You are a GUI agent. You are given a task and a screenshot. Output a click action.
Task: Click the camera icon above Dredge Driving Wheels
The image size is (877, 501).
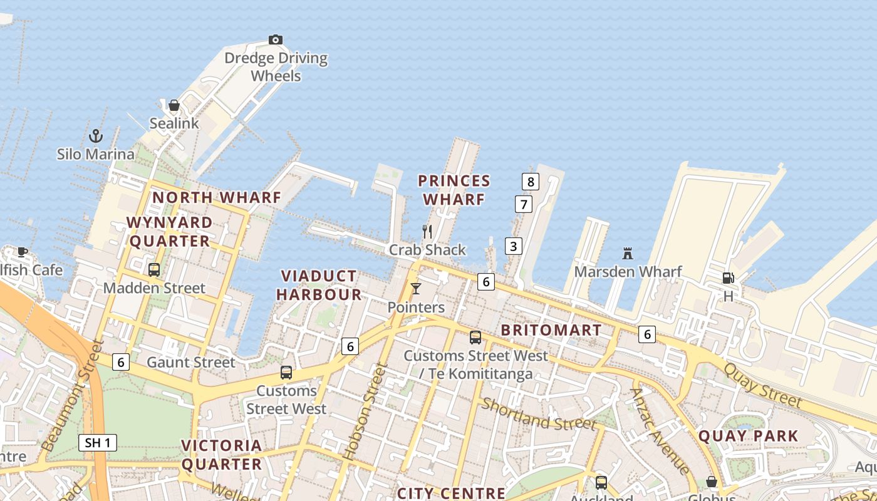[x=275, y=40]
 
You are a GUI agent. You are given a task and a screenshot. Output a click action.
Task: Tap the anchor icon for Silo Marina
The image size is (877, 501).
[x=95, y=135]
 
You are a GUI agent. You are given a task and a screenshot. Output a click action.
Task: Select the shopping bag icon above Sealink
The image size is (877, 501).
[x=174, y=105]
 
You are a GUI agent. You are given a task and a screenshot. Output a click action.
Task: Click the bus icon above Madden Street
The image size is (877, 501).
[x=154, y=270]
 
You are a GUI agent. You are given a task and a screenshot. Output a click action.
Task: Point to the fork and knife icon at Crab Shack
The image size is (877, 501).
[x=427, y=232]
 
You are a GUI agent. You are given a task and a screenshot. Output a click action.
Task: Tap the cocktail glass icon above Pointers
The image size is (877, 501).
[x=415, y=289]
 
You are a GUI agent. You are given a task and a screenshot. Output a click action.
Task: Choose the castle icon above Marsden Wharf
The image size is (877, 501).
[x=628, y=254]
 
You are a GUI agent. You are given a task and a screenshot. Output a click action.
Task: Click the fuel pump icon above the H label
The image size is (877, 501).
[x=728, y=277]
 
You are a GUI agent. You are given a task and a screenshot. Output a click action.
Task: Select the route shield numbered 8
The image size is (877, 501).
[x=531, y=182]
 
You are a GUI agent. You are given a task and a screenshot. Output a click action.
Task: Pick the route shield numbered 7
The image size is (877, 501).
[x=523, y=204]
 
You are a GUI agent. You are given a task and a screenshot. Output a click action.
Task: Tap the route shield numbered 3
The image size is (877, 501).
[x=513, y=246]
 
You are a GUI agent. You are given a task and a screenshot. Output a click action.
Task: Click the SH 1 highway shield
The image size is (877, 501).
[x=98, y=443]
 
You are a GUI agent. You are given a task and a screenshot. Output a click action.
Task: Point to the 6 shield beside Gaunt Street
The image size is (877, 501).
[x=121, y=361]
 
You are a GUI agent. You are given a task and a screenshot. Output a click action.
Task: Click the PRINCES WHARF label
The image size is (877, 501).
[x=454, y=190]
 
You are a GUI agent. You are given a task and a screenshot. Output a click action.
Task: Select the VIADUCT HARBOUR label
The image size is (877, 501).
[x=319, y=285]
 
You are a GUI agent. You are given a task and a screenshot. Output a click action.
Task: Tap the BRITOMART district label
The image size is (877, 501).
[x=551, y=330]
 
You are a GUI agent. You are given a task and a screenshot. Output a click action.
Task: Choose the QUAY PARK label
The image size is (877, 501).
[x=748, y=436]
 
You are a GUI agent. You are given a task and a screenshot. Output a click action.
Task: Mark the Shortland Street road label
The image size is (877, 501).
[x=539, y=415]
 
